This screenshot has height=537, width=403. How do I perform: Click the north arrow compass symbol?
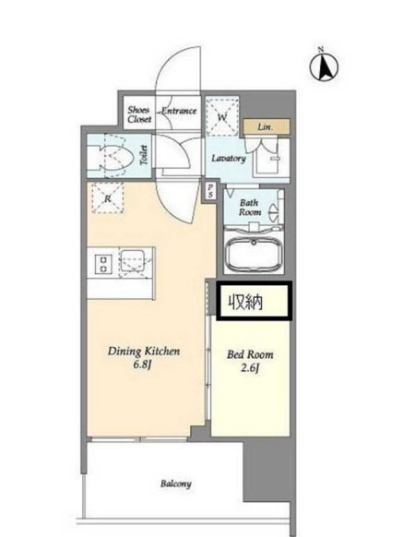click(324, 66)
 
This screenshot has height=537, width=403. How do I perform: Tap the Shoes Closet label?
click(139, 114)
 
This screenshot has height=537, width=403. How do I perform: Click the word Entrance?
click(179, 111)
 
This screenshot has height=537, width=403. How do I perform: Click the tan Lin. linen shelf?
click(267, 127)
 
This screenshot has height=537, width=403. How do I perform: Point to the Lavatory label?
click(229, 158)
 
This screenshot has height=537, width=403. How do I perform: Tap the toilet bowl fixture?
click(115, 157)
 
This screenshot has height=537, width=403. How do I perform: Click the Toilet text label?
click(145, 155)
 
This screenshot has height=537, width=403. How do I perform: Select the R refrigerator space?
click(108, 197)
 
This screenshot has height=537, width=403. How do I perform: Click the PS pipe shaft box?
click(210, 190)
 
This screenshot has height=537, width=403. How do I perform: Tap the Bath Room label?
click(250, 208)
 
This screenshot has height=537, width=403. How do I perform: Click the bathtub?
click(254, 254)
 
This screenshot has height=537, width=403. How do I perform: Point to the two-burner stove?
click(103, 265)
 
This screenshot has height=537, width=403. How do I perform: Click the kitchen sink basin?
click(132, 260)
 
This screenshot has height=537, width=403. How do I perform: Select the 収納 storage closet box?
click(254, 302)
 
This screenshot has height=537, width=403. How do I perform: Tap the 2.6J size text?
click(250, 368)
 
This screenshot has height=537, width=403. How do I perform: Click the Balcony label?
click(176, 483)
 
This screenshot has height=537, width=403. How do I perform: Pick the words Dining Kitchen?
click(144, 351)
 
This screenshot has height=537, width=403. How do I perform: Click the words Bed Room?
click(250, 354)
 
